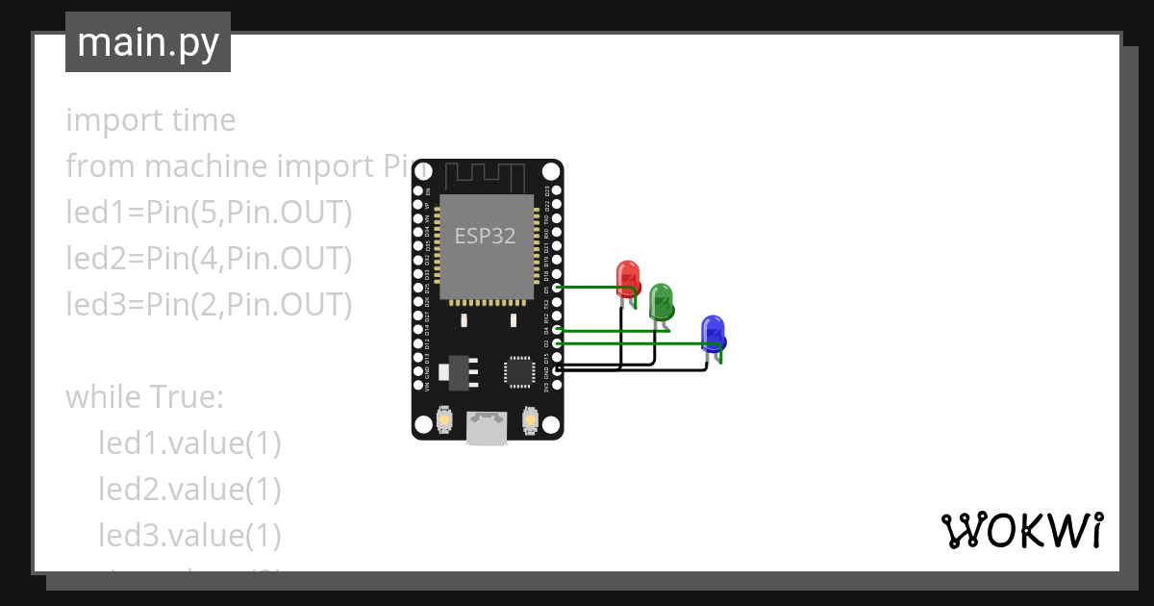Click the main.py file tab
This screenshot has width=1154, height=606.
pyautogui.click(x=147, y=42)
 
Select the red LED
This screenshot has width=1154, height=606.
pyautogui.click(x=628, y=276)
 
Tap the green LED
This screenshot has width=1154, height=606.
pyautogui.click(x=661, y=301)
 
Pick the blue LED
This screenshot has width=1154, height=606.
pyautogui.click(x=713, y=332)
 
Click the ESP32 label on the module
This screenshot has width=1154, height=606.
pyautogui.click(x=486, y=236)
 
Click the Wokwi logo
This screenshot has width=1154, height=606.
pyautogui.click(x=1021, y=530)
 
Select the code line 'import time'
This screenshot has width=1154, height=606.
pyautogui.click(x=150, y=120)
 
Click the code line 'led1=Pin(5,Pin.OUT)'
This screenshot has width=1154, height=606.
pyautogui.click(x=209, y=213)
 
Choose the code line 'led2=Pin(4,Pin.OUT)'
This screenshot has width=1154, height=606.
pyautogui.click(x=209, y=259)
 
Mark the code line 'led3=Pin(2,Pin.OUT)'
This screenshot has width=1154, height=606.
pyautogui.click(x=209, y=305)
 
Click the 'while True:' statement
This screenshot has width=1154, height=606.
pyautogui.click(x=144, y=396)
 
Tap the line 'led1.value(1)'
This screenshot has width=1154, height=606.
pyautogui.click(x=189, y=442)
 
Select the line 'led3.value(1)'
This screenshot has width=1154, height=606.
pyautogui.click(x=189, y=535)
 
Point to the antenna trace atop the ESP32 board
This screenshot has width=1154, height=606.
pyautogui.click(x=487, y=176)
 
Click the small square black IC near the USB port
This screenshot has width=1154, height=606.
pyautogui.click(x=518, y=370)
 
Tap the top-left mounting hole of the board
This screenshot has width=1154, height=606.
pyautogui.click(x=422, y=171)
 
